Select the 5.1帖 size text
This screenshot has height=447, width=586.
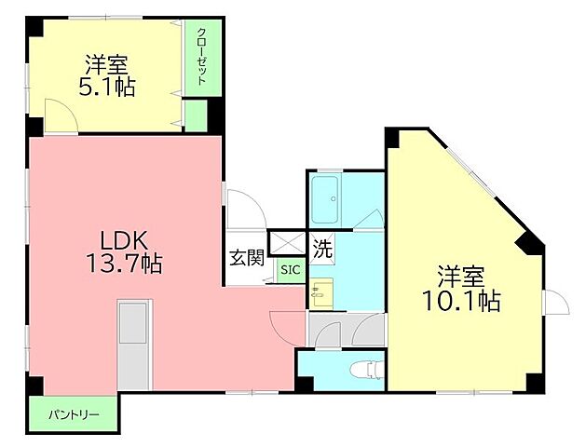click(x=108, y=88)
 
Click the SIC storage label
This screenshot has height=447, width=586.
click(x=289, y=269)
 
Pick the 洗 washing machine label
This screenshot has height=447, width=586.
click(x=322, y=248)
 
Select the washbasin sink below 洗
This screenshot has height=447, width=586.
click(x=321, y=292)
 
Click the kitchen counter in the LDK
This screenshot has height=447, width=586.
click(x=134, y=343)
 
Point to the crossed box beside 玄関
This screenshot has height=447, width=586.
click(x=288, y=243)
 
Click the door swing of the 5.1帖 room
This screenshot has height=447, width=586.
click(x=61, y=119)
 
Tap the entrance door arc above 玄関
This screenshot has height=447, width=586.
click(x=244, y=206)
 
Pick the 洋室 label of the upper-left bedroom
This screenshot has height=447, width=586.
click(x=108, y=65)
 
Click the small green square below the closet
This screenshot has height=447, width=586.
click(x=195, y=115)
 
